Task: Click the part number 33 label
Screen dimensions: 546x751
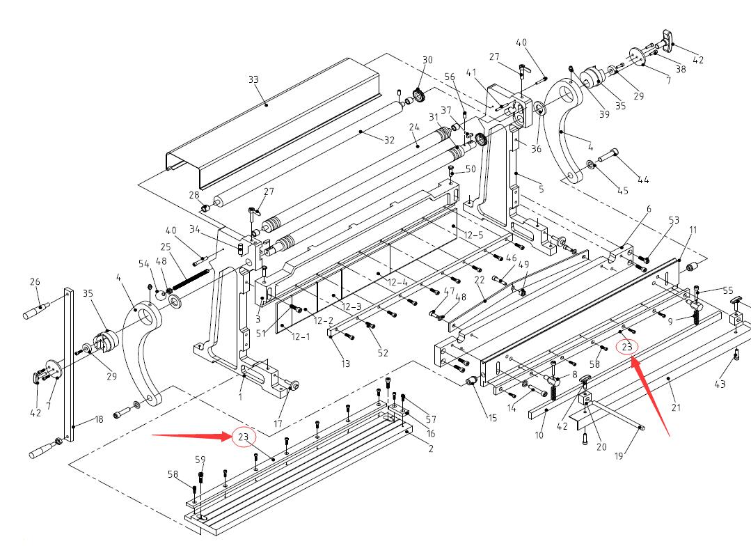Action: [253, 80]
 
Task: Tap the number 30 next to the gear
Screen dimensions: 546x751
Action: [427, 60]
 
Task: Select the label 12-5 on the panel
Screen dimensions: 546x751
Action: [474, 235]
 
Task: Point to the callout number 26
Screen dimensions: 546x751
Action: [35, 281]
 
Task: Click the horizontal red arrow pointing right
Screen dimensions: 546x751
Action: [191, 437]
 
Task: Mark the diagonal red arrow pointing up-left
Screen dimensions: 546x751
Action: [650, 396]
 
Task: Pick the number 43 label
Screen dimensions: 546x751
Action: [720, 384]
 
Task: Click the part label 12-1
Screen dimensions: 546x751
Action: [300, 336]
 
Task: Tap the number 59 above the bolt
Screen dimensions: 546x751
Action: [200, 460]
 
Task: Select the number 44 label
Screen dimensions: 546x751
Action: [643, 180]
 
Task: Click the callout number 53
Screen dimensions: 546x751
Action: [674, 221]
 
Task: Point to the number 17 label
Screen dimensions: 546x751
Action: [278, 424]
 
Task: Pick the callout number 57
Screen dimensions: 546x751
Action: [431, 419]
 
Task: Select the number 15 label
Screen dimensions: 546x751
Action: [492, 418]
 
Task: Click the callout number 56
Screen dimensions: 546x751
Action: [450, 77]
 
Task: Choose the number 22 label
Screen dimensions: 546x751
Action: [479, 279]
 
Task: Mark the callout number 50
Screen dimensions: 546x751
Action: [471, 169]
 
